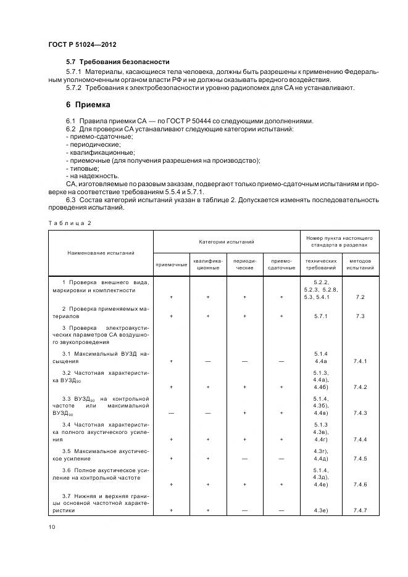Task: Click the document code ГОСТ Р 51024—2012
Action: point(82,46)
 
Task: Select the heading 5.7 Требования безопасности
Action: point(117,62)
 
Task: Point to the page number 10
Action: point(52,526)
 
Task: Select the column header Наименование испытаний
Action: point(101,253)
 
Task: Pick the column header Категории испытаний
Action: point(226,242)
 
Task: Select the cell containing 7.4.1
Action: point(360,361)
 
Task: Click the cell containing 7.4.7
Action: point(360,510)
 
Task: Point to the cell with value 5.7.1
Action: point(320,316)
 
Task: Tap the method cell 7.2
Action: point(360,297)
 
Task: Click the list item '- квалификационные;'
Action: point(100,152)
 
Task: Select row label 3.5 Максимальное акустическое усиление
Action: point(101,455)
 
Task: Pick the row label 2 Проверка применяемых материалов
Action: point(101,311)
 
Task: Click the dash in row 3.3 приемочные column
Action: point(171,413)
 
